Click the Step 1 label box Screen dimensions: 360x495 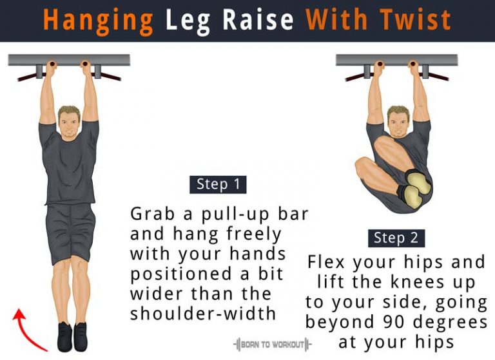point(218,184)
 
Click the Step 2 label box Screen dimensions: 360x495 point(396,238)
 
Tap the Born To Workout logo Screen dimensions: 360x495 point(272,345)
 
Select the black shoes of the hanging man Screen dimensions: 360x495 point(72,336)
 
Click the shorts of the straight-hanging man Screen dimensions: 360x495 point(72,232)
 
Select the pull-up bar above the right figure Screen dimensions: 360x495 point(397,60)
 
